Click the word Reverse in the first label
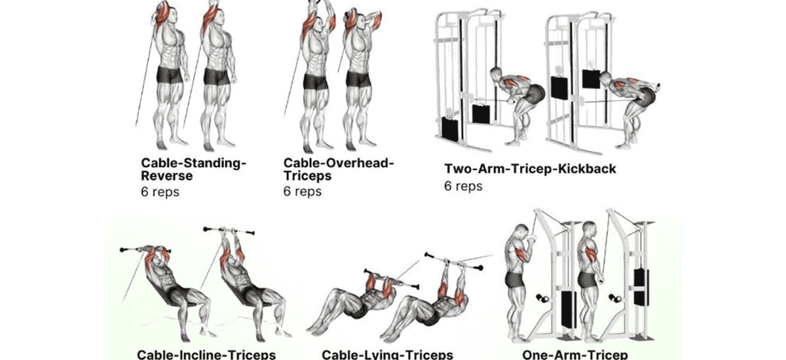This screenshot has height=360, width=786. point(167,176)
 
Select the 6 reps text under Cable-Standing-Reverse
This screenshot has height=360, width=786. point(160,192)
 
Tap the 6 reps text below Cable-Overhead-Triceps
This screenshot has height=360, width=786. point(303,192)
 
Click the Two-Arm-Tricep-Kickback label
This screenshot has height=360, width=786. point(531,169)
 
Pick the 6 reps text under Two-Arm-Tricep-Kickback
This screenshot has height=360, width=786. point(463,186)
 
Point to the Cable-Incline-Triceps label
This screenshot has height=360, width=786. point(206,354)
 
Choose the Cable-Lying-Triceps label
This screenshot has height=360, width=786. point(387,354)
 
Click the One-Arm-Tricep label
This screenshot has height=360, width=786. point(571,354)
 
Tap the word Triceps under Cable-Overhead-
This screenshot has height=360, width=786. point(307,176)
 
